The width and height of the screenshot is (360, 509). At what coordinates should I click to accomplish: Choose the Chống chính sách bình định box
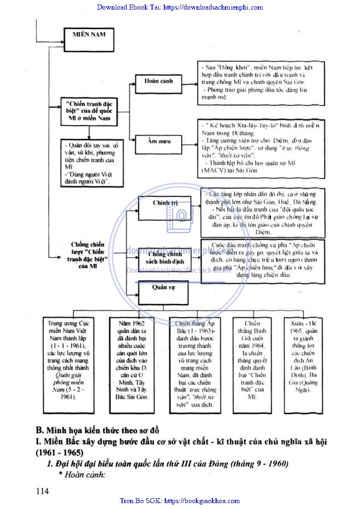pyautogui.click(x=164, y=258)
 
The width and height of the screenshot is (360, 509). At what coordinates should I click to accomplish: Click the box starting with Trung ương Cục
pyautogui.click(x=68, y=360)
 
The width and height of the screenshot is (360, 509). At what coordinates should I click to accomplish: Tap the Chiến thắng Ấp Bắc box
pyautogui.click(x=195, y=364)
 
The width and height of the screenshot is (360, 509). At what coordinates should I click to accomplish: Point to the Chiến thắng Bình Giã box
pyautogui.click(x=252, y=360)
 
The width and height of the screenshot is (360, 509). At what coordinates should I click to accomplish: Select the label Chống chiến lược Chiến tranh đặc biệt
pyautogui.click(x=88, y=256)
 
